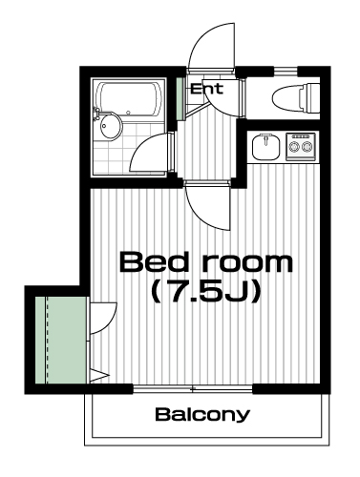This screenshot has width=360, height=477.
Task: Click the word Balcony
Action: click(202, 415)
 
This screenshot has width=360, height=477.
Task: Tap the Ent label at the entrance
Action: click(207, 89)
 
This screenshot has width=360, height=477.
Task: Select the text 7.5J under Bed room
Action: click(206, 291)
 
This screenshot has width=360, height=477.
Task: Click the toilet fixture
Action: click(296, 98)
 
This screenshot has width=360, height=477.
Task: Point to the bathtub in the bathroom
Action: click(130, 100)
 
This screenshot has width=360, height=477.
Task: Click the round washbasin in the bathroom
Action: click(110, 125)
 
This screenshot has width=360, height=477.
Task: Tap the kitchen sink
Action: click(266, 147)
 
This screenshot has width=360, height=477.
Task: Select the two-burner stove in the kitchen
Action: click(301, 147)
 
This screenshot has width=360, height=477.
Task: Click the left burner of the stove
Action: click(293, 147)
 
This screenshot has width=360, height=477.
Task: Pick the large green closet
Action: click(61, 340)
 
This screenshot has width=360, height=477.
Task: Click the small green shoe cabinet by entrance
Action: click(180, 99)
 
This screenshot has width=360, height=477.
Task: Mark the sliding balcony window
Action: click(193, 388)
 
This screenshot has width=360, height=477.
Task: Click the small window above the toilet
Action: click(286, 72)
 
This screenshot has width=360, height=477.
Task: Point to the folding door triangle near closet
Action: click(99, 376)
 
